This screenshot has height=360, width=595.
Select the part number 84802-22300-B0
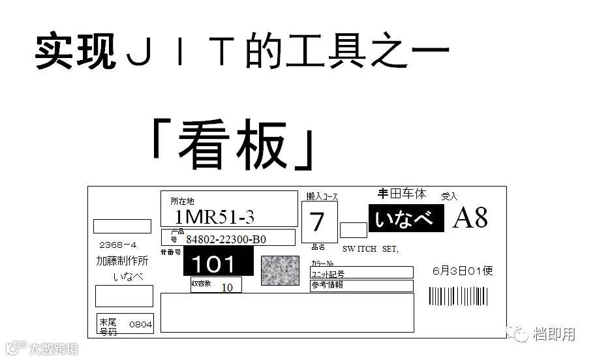[226, 239]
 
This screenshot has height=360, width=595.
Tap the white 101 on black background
[217, 263]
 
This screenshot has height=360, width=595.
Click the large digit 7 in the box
[318, 222]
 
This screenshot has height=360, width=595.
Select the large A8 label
[470, 218]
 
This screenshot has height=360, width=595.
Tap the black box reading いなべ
[406, 219]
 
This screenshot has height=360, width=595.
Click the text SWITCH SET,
[370, 249]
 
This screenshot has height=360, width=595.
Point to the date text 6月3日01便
[463, 270]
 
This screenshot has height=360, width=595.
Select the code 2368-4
[117, 245]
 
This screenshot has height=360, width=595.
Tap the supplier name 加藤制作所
[122, 261]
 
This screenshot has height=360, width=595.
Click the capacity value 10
[227, 287]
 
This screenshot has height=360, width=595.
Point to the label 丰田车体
[402, 194]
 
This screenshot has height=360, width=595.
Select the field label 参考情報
[328, 285]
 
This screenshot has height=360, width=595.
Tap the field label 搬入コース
[322, 196]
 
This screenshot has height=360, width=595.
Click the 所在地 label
[183, 202]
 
